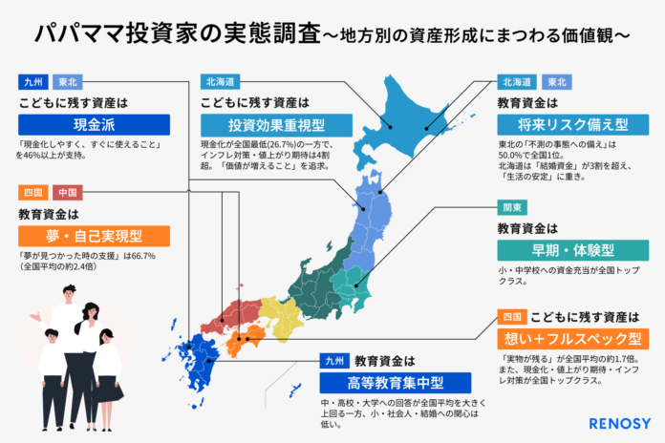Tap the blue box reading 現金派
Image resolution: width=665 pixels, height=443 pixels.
click(x=94, y=124)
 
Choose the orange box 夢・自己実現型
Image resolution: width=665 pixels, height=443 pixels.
click(x=94, y=235)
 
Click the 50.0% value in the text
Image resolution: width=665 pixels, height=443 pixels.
click(x=515, y=156)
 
